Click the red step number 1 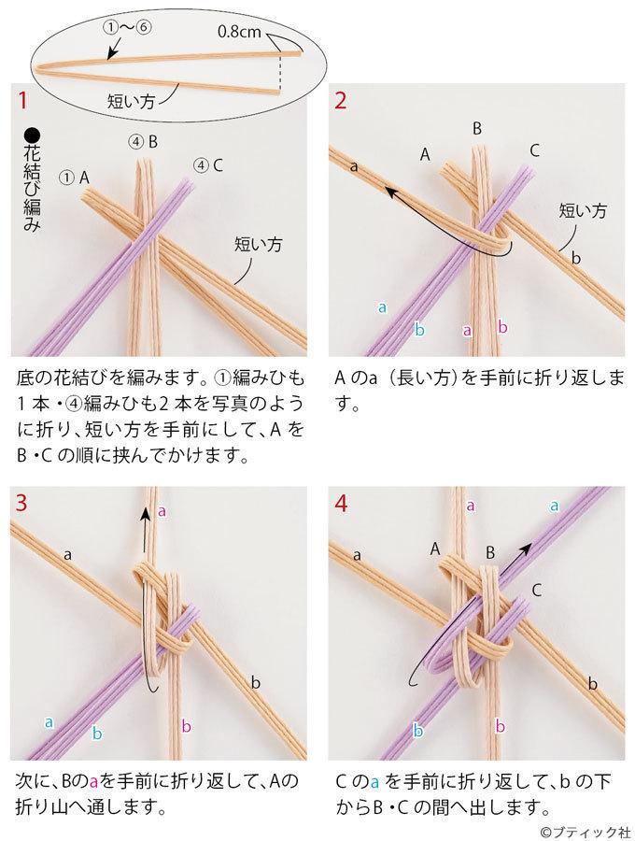[x=22, y=100]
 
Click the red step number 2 [x=340, y=100]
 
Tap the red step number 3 [x=22, y=504]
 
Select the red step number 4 [x=341, y=504]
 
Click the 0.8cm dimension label [x=239, y=32]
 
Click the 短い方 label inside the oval [x=132, y=100]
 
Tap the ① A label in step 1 [x=75, y=178]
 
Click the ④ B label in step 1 [x=143, y=142]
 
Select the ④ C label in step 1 [x=208, y=165]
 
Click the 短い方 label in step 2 [x=583, y=210]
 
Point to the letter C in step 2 [x=534, y=150]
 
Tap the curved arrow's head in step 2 [x=391, y=192]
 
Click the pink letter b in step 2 [x=502, y=326]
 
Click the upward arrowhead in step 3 [x=145, y=513]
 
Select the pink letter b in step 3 [x=186, y=726]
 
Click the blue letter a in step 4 [x=555, y=506]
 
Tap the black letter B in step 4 [x=490, y=552]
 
